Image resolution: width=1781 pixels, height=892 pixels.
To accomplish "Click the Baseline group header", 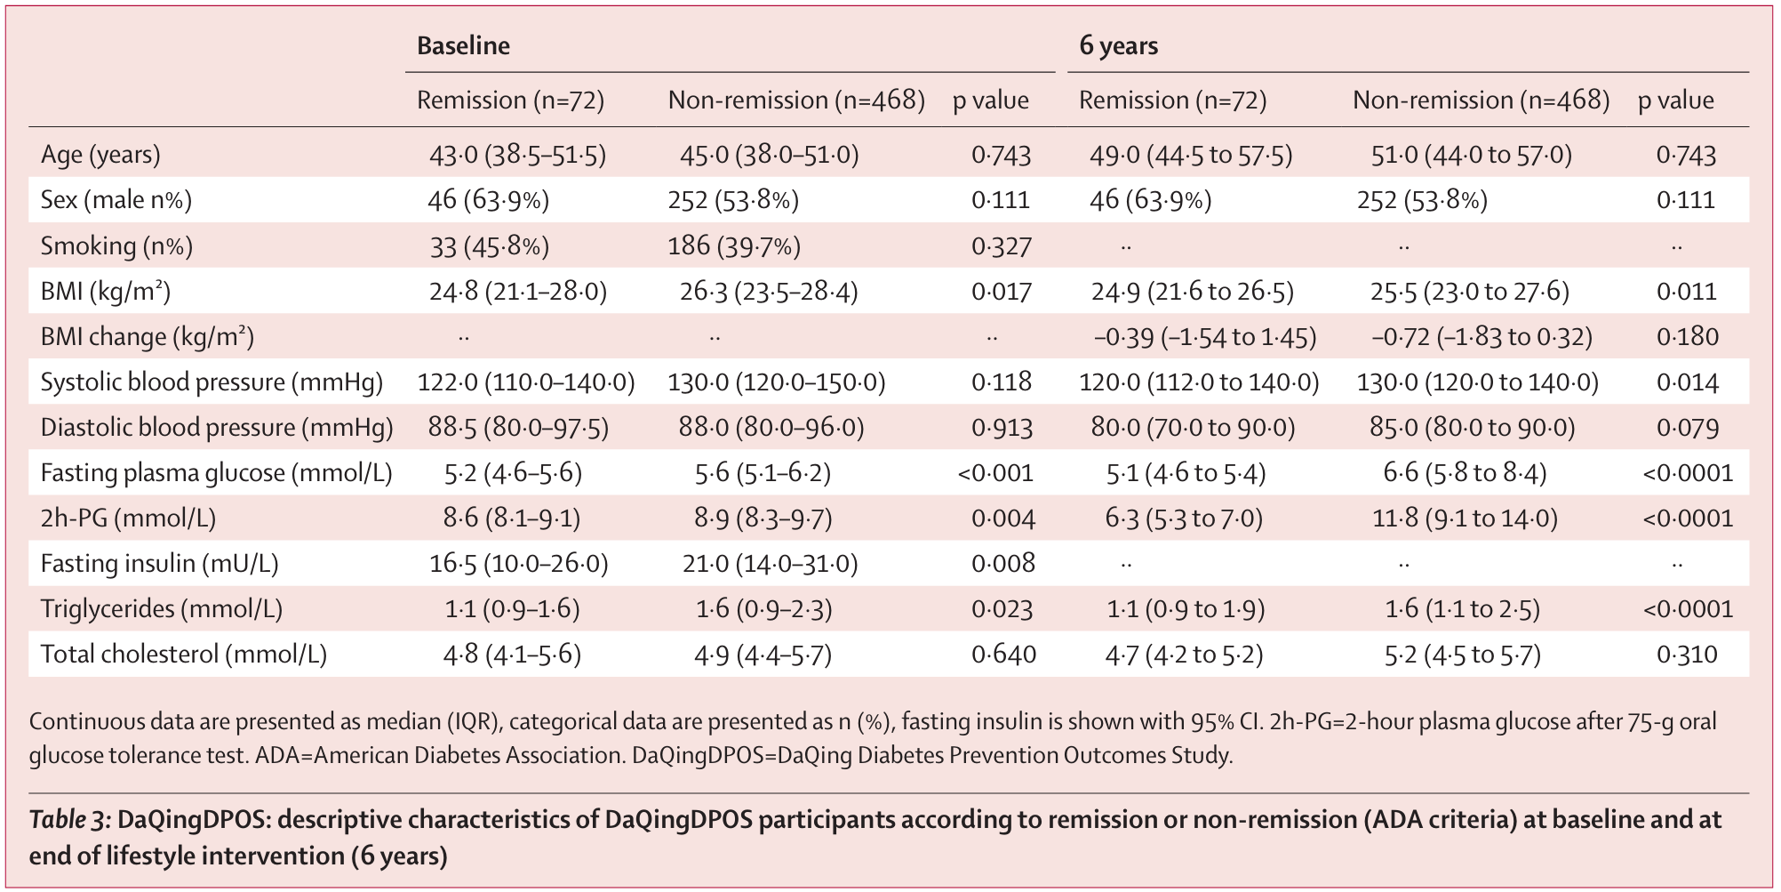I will [x=463, y=46].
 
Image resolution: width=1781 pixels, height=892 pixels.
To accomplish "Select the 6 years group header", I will [x=1118, y=46].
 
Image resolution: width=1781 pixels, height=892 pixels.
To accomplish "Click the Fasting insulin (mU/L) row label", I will [x=159, y=564].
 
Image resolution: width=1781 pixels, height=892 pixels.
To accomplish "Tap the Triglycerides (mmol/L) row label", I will [x=161, y=609].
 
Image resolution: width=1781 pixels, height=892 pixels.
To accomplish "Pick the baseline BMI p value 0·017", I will [x=1001, y=292].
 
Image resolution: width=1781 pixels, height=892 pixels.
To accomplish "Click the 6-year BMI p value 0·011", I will [x=1686, y=292].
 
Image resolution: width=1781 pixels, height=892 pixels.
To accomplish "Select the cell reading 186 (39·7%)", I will [x=734, y=246].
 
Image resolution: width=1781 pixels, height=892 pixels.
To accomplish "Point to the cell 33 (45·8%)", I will [x=489, y=246].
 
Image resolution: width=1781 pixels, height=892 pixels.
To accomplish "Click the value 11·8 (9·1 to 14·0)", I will [x=1465, y=518].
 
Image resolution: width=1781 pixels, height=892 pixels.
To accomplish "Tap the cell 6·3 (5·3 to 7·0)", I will [x=1184, y=518].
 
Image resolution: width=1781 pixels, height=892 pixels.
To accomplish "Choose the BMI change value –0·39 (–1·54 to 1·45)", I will [x=1204, y=337].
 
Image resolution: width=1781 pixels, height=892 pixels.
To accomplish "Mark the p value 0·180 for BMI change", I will [x=1687, y=337].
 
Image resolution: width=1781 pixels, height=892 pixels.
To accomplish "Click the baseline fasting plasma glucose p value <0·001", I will [x=995, y=473].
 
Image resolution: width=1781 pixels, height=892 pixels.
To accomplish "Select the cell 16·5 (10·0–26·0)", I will [x=518, y=564].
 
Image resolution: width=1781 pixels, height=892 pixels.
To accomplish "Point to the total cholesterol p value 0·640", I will [x=1002, y=655].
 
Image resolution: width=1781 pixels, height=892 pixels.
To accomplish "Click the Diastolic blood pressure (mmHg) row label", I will [x=216, y=428].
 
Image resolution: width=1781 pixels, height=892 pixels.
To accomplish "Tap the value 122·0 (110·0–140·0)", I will [x=526, y=382].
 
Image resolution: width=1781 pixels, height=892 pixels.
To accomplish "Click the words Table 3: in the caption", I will [x=69, y=820].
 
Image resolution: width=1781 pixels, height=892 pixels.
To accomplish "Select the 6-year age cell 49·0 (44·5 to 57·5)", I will [x=1191, y=156].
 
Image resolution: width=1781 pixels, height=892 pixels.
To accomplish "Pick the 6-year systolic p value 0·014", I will [x=1687, y=382].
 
